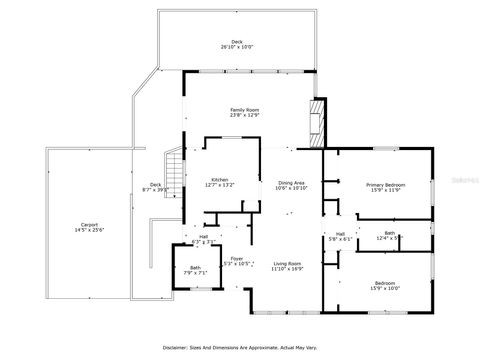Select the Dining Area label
click(291, 182)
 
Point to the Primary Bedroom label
click(385, 185)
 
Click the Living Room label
click(288, 262)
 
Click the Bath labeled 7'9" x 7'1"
click(195, 267)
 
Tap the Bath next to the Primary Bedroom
click(389, 232)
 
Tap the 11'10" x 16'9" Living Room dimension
click(288, 268)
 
